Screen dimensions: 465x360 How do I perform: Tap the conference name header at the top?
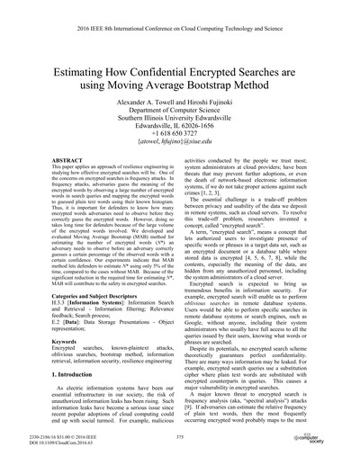pyautogui.click(x=180, y=28)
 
